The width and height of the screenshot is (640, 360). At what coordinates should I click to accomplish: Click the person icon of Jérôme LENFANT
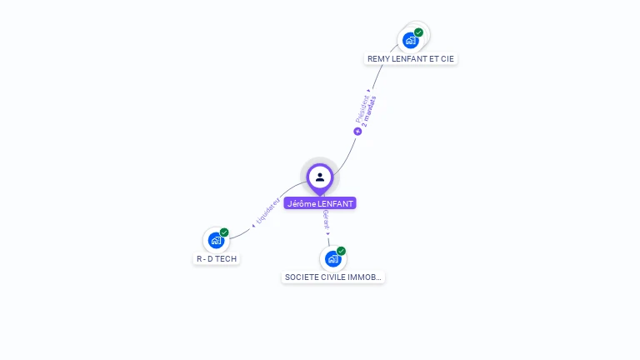coord(320,177)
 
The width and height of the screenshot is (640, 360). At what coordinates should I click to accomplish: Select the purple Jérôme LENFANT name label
coord(320,203)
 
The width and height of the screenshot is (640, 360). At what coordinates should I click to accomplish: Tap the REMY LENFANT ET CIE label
coord(412,59)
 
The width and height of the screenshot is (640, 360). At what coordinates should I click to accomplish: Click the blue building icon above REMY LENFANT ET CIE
coord(410,40)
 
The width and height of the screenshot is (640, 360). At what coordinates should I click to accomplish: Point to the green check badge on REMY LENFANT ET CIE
coord(418,32)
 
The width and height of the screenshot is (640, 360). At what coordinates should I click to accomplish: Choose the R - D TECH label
coord(217,259)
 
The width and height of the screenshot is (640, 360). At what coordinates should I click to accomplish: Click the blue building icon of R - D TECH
coord(216,241)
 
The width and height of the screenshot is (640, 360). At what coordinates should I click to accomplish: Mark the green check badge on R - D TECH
coord(224,232)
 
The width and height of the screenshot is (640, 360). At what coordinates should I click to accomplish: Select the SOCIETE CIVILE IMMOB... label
coord(333,277)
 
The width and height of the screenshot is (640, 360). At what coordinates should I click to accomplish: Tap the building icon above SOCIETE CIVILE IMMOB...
coord(332,258)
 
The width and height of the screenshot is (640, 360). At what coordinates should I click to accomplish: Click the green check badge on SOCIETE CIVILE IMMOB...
coord(341,251)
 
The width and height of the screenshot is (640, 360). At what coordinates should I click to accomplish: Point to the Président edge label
coord(363,108)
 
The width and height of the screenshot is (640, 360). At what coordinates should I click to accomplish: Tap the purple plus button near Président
coord(357,131)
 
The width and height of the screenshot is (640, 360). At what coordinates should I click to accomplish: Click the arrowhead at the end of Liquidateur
coord(253,226)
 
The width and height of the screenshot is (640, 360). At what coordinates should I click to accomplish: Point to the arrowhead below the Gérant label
coord(327,233)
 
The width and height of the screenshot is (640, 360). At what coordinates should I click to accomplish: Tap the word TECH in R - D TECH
coord(227,259)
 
